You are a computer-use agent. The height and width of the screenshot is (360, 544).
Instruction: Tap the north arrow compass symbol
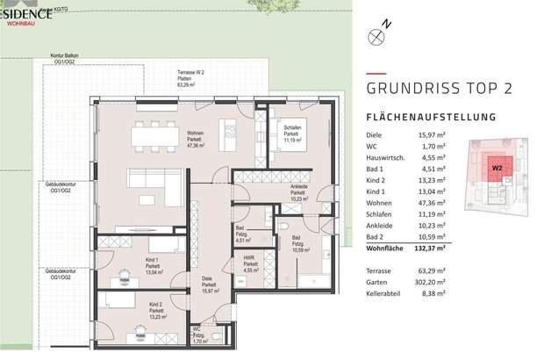point(378,36)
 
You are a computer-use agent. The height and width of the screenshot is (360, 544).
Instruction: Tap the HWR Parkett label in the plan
point(250,267)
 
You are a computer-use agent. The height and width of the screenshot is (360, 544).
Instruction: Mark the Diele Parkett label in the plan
point(209,284)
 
